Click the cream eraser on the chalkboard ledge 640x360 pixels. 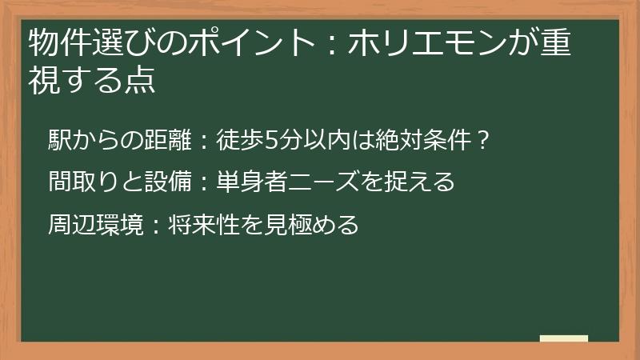(564, 339)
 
